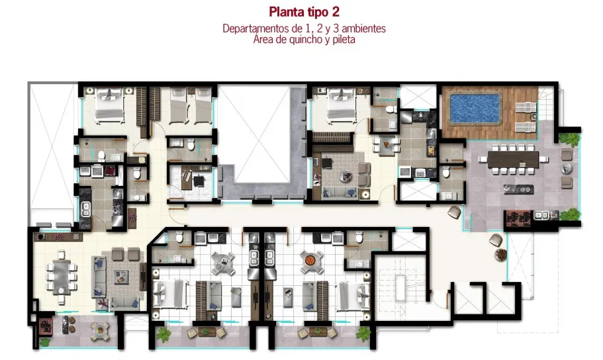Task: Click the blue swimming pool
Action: click(475, 109)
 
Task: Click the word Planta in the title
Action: click(286, 12)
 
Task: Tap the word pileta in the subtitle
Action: click(344, 39)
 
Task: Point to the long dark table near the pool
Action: click(513, 159)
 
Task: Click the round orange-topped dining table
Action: click(310, 261)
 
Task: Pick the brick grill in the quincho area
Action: click(518, 218)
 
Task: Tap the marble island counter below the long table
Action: click(518, 189)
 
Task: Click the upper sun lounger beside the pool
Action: click(526, 107)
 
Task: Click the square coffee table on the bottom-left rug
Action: click(121, 277)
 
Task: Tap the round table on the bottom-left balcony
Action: click(100, 330)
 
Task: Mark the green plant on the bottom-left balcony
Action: click(44, 341)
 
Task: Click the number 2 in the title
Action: click(336, 12)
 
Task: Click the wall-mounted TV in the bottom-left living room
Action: click(143, 276)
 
